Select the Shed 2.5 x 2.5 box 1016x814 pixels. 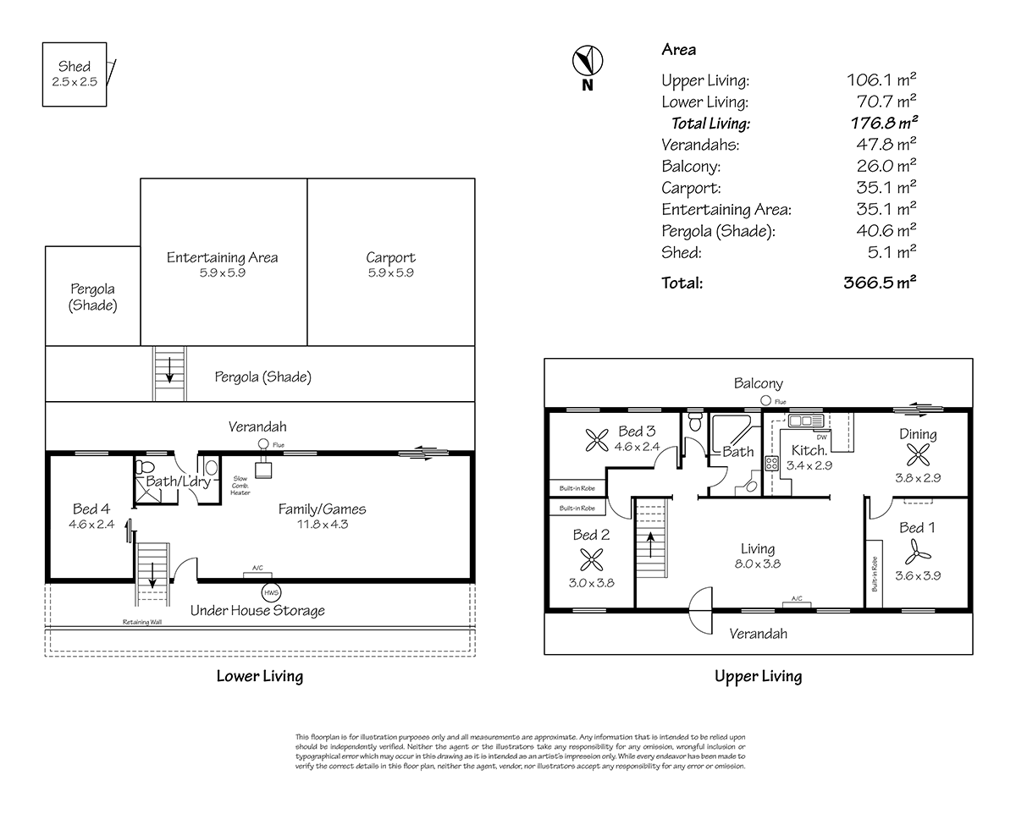pos(75,74)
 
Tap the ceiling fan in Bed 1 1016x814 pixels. pos(914,553)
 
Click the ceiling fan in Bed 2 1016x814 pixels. pos(590,559)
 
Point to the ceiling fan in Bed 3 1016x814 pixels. pos(596,439)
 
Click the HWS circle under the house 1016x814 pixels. pos(271,591)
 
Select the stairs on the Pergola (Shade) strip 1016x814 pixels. pos(168,373)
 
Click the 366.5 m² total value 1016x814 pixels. pos(881,283)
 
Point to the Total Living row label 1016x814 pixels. pos(710,124)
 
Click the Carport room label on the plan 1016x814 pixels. pos(390,257)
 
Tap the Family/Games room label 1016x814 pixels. pos(322,509)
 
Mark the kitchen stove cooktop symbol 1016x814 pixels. pos(772,463)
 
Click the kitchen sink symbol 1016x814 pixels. pos(804,421)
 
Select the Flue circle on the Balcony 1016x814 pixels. pos(765,401)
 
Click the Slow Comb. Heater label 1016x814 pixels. pos(240,486)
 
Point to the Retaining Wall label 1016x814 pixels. pos(141,621)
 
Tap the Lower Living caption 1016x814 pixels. pos(259,676)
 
